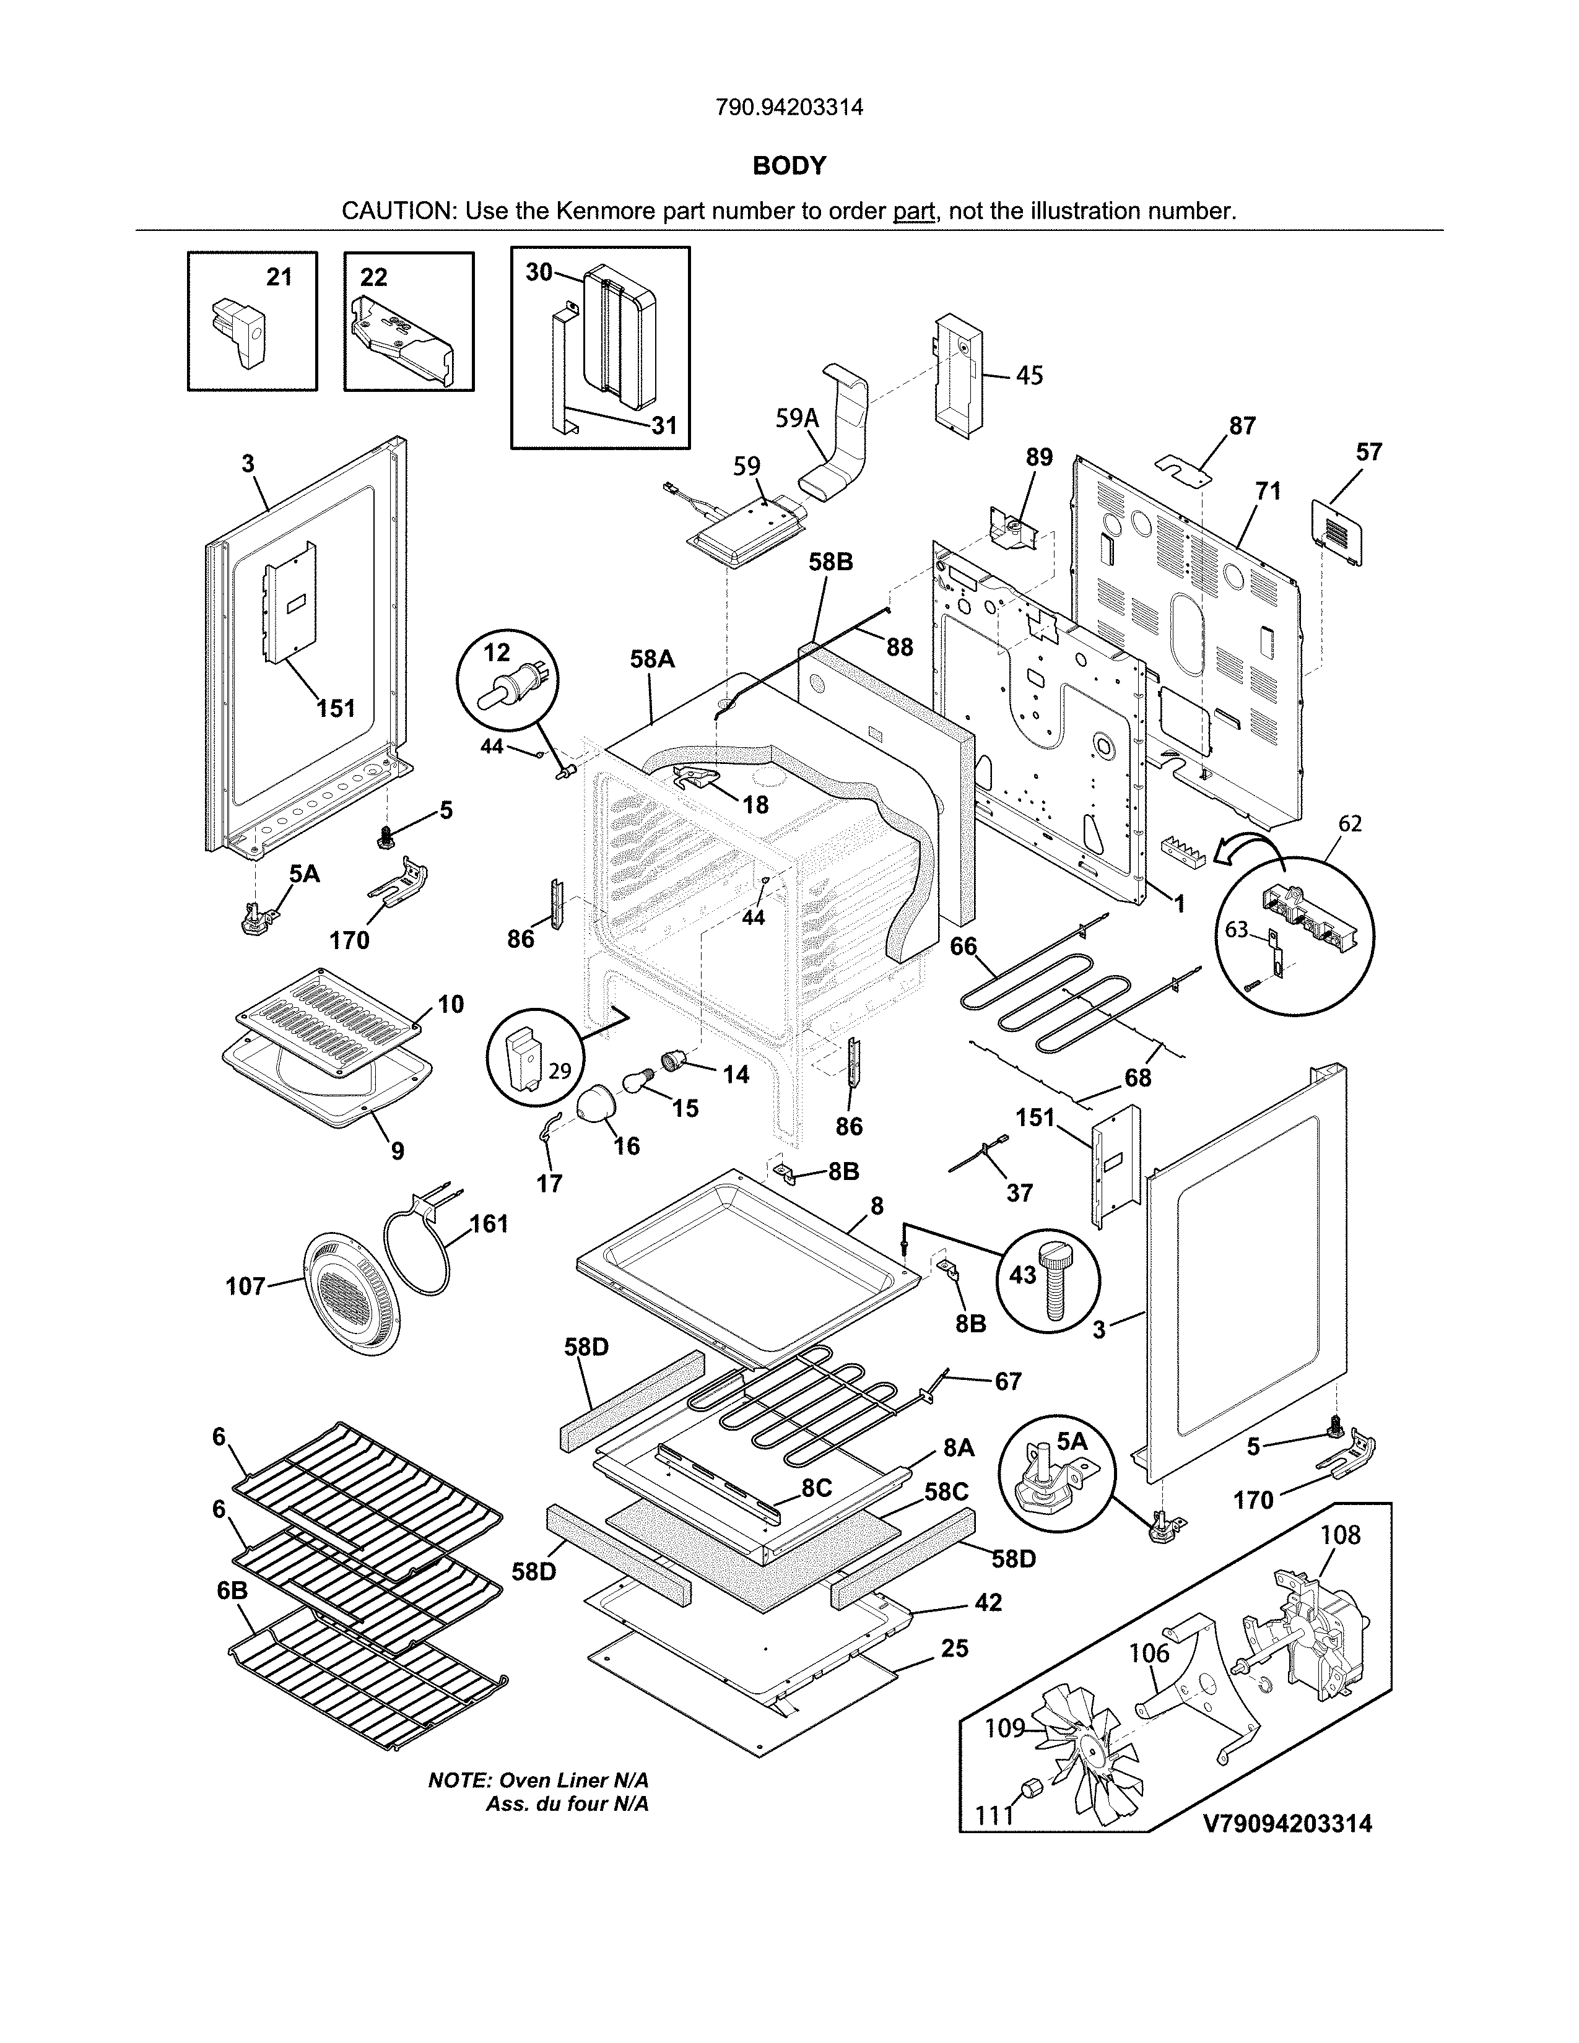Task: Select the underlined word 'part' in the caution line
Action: coord(914,211)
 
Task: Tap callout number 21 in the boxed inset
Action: coord(279,277)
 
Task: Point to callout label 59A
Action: coord(797,418)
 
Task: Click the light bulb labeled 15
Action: coord(638,1085)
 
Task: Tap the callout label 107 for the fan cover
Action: coord(246,1286)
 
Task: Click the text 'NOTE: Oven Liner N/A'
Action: coord(538,1780)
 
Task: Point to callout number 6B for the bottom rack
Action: coord(232,1590)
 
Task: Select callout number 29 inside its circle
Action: coord(559,1071)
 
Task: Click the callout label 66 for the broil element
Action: coord(963,947)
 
